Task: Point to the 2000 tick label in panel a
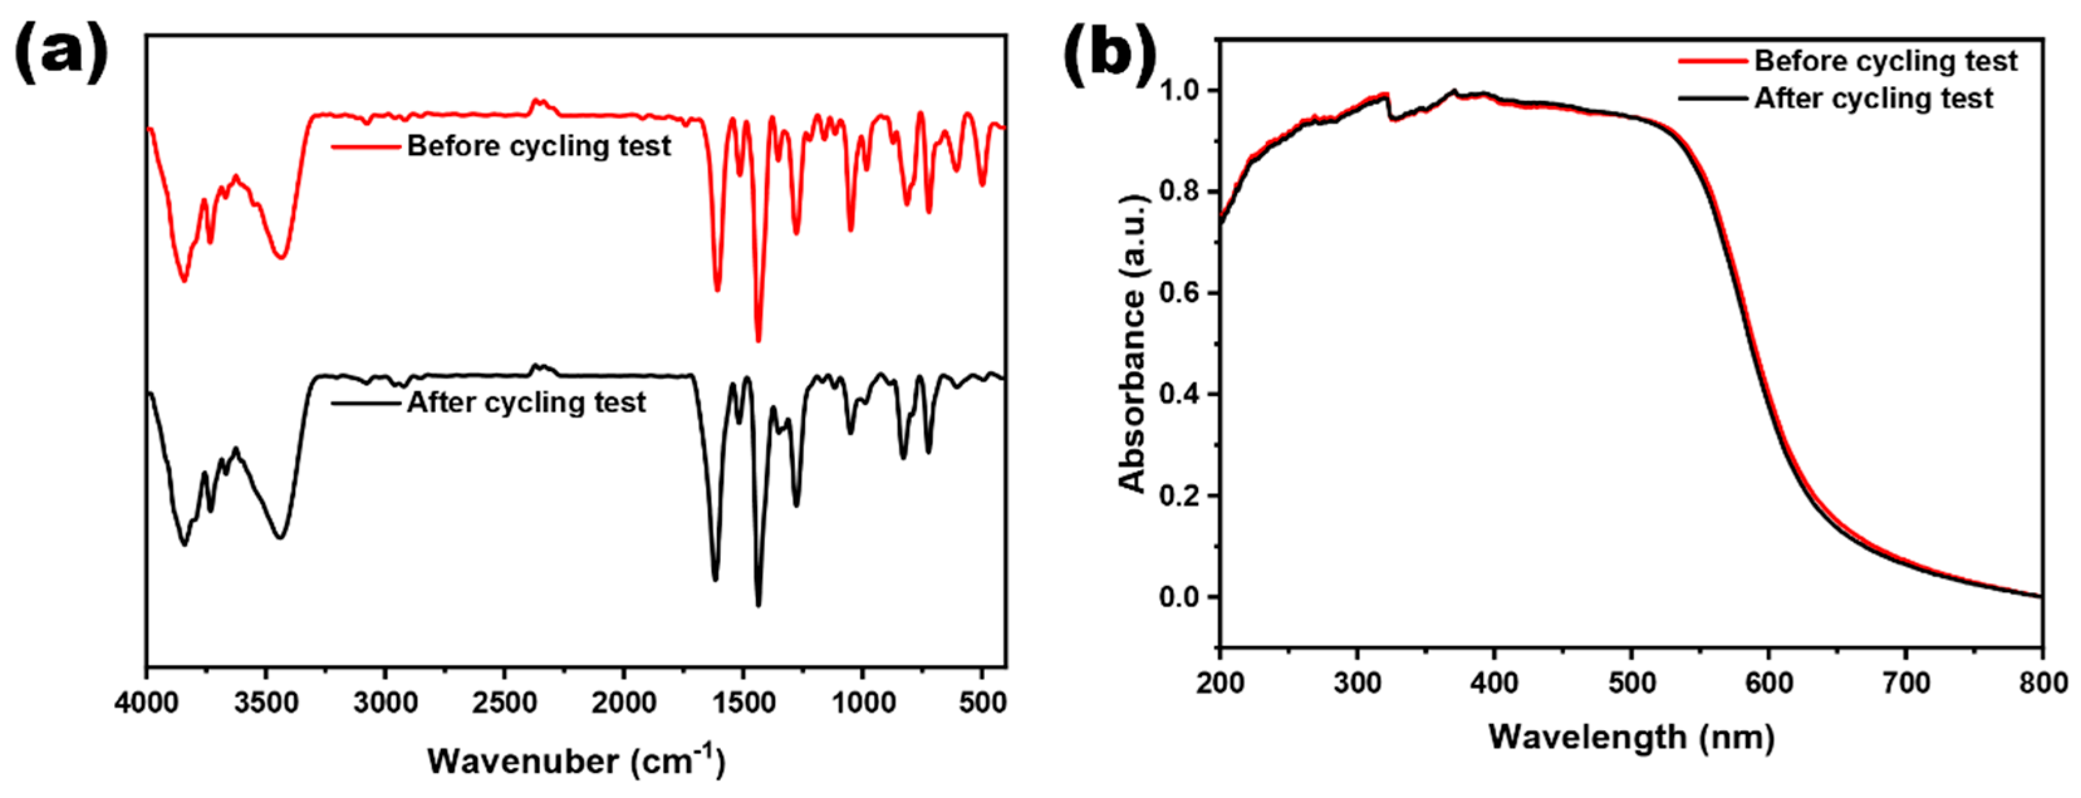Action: pos(624,702)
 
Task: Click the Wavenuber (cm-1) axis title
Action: pos(576,760)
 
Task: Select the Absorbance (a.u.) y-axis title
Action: pos(1133,343)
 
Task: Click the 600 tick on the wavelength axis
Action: pos(1768,683)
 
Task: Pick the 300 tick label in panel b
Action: pos(1357,683)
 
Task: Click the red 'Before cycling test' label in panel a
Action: pos(538,146)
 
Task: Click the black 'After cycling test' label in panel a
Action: pos(526,402)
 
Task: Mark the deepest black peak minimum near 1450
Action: pos(758,604)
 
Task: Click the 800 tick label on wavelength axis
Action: pos(2042,683)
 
